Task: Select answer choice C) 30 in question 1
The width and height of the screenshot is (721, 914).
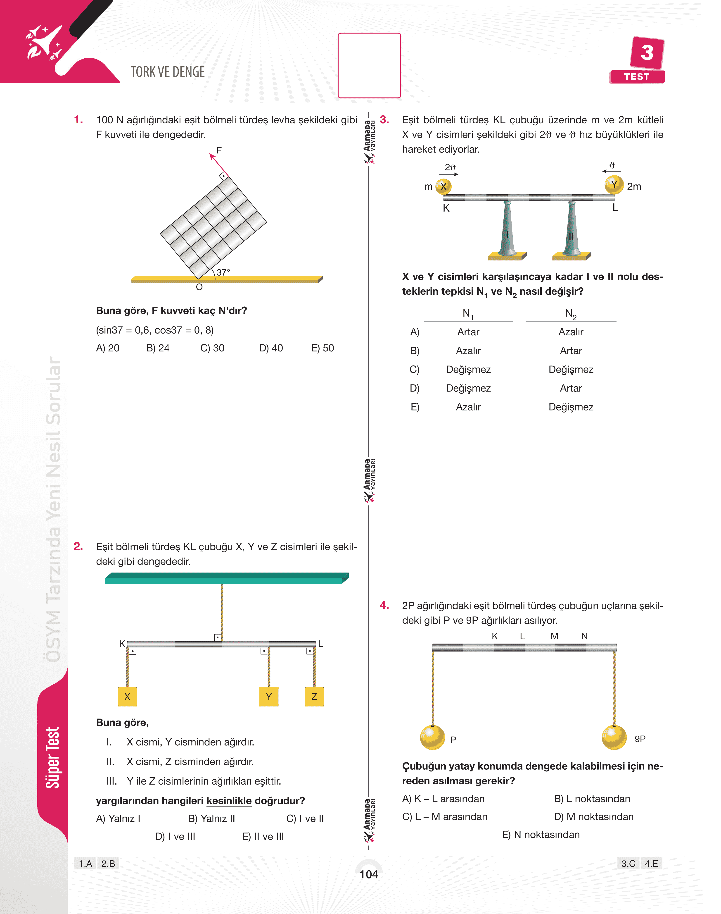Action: pyautogui.click(x=212, y=348)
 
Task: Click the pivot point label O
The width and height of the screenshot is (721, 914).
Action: pyautogui.click(x=199, y=287)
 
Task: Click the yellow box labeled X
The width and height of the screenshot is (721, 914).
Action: pyautogui.click(x=128, y=697)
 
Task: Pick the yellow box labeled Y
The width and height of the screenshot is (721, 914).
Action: pyautogui.click(x=269, y=697)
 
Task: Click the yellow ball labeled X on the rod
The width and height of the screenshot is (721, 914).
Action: pyautogui.click(x=443, y=186)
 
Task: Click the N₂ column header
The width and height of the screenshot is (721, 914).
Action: pyautogui.click(x=571, y=314)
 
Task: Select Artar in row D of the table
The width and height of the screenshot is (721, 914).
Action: pyautogui.click(x=571, y=388)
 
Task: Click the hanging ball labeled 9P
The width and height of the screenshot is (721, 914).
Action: pyautogui.click(x=614, y=737)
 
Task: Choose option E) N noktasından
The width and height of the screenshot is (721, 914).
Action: pyautogui.click(x=541, y=835)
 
